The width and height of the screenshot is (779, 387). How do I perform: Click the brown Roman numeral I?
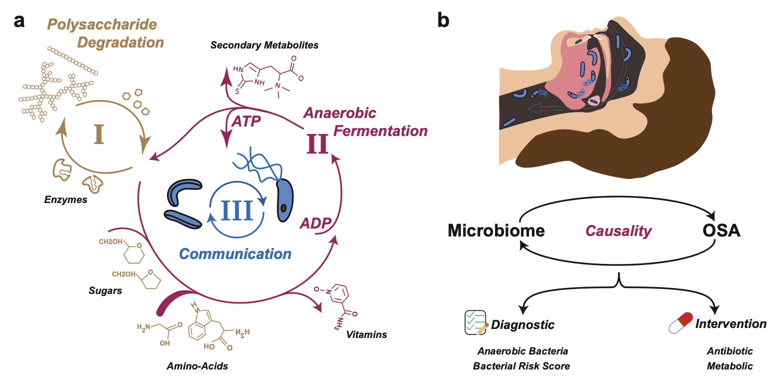tap(99, 134)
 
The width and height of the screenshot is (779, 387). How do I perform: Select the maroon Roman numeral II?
tap(317, 143)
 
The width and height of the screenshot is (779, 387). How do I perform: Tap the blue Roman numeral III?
tap(237, 210)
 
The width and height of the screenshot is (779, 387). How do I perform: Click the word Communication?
tap(235, 253)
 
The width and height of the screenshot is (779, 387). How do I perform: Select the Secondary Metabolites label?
tap(264, 45)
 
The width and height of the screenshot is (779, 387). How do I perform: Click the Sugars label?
tap(105, 290)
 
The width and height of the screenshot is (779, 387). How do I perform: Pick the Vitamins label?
tap(366, 334)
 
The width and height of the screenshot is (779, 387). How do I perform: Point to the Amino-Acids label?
tap(197, 366)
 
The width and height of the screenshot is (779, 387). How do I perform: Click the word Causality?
tap(618, 231)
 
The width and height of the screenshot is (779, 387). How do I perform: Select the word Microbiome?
tap(496, 231)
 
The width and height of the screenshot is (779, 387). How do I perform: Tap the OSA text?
tap(720, 231)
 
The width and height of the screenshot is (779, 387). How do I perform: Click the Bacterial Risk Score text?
tap(521, 366)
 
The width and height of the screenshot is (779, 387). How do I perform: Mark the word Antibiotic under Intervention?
tap(729, 351)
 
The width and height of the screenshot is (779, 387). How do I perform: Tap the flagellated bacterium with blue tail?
tap(283, 197)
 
